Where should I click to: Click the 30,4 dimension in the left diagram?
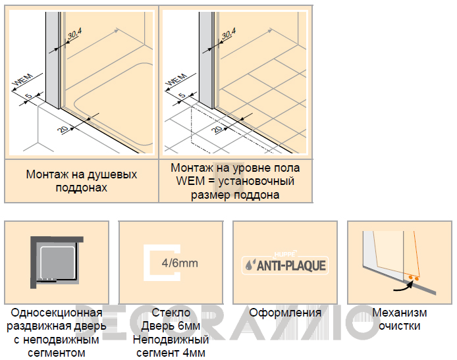click(74, 34)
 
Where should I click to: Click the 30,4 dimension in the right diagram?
click(228, 34)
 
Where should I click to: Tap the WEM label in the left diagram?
click(23, 80)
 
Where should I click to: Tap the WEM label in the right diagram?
click(176, 80)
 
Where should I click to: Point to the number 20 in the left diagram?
click(63, 128)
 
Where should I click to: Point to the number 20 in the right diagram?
click(217, 128)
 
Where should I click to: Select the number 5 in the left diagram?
click(28, 96)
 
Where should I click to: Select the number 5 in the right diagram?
click(182, 95)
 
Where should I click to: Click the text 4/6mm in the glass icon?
click(180, 263)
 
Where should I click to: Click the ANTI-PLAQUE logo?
click(285, 265)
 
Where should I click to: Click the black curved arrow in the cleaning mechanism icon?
click(404, 286)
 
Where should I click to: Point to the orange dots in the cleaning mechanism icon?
click(414, 278)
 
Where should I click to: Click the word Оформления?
click(285, 313)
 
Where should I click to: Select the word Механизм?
click(399, 313)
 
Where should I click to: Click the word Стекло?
click(171, 313)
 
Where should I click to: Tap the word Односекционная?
click(57, 313)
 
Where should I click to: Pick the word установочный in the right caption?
click(256, 181)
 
